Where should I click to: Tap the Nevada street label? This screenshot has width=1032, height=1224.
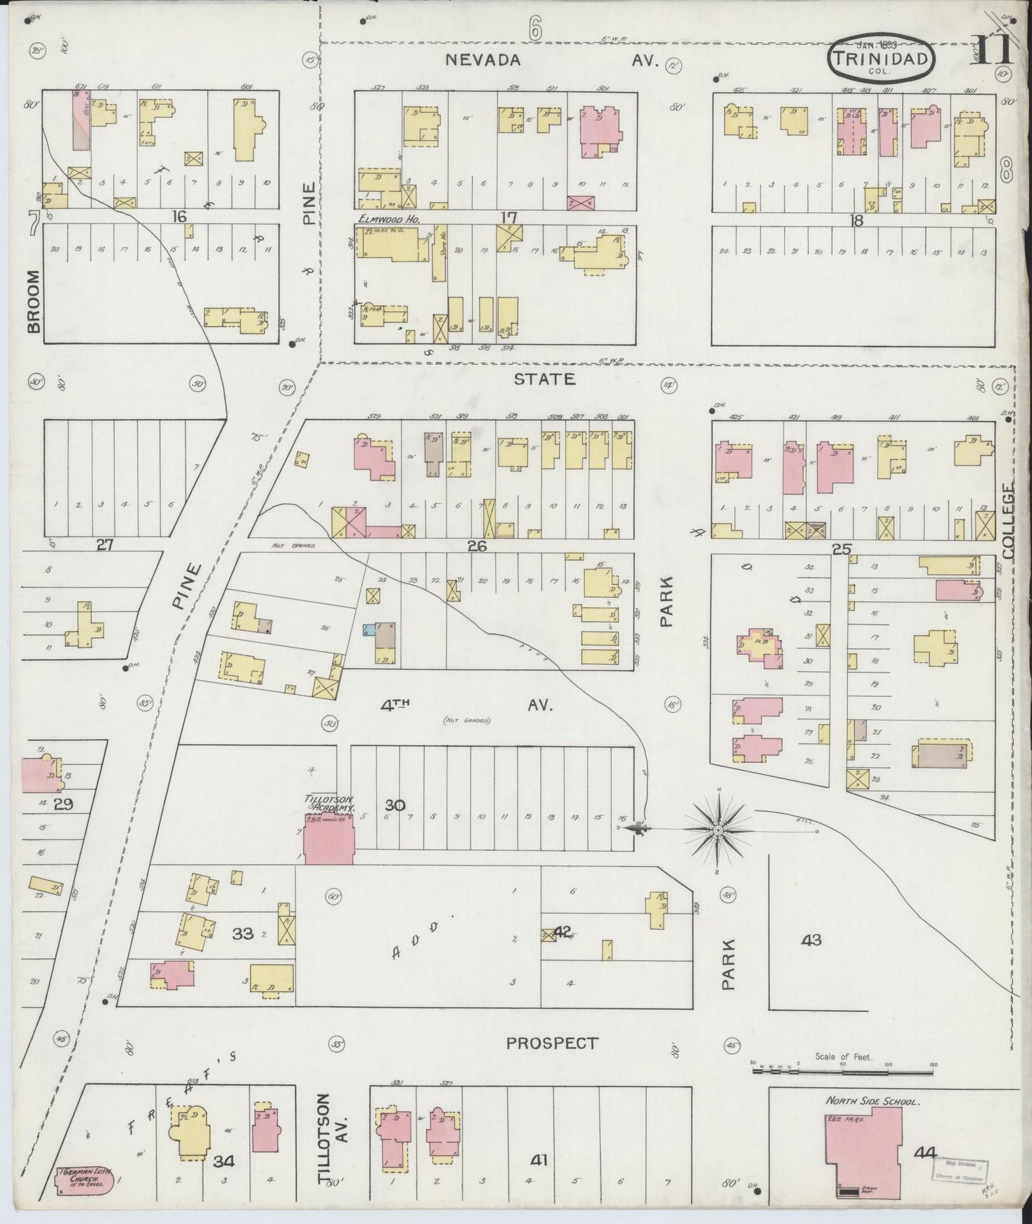coord(483,61)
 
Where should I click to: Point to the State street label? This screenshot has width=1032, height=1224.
coord(544,378)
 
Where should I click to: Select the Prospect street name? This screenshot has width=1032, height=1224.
coord(551,1043)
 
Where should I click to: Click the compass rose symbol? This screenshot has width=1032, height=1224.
coord(718,831)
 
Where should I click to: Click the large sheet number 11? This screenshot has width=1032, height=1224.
coord(989,50)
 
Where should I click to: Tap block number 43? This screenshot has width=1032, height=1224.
coord(811,940)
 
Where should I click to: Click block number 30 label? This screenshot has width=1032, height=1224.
coord(395,805)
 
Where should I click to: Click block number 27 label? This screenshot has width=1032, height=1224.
coord(104,545)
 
